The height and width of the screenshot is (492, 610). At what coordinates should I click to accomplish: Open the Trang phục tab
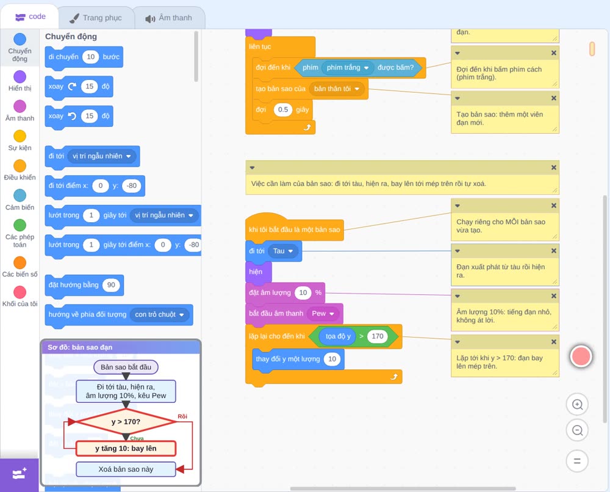(x=96, y=18)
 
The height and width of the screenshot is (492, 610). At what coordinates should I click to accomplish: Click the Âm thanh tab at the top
(x=169, y=18)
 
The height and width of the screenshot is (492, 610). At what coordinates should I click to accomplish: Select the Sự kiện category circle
(x=20, y=136)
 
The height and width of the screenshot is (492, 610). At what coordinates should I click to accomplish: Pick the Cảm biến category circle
(x=20, y=195)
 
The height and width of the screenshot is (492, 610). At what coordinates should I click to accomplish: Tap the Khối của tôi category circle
(x=20, y=292)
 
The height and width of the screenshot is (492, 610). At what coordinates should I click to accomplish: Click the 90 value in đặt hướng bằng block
(x=111, y=285)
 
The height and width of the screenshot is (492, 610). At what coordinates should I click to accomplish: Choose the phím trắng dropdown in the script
(x=348, y=68)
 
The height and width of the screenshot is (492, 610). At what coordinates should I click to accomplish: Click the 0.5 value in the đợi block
(x=283, y=109)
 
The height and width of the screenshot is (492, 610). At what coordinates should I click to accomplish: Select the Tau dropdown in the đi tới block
(x=283, y=251)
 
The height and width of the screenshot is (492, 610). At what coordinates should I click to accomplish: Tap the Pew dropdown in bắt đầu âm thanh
(x=323, y=313)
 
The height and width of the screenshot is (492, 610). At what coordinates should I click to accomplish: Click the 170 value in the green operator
(x=378, y=336)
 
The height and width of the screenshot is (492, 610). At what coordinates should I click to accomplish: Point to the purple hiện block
(x=258, y=272)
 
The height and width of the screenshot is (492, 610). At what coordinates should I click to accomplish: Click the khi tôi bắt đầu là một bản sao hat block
(x=295, y=227)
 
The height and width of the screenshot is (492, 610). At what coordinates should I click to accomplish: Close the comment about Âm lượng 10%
(x=554, y=296)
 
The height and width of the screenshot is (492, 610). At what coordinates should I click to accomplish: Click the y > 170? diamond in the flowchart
(x=126, y=422)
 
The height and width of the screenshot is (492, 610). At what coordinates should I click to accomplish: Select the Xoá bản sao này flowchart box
(x=126, y=469)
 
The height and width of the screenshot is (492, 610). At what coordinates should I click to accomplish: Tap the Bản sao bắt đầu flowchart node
(x=126, y=367)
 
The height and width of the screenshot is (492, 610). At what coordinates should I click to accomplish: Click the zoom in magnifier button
(x=577, y=405)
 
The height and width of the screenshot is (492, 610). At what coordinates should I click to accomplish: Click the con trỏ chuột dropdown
(x=159, y=314)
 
